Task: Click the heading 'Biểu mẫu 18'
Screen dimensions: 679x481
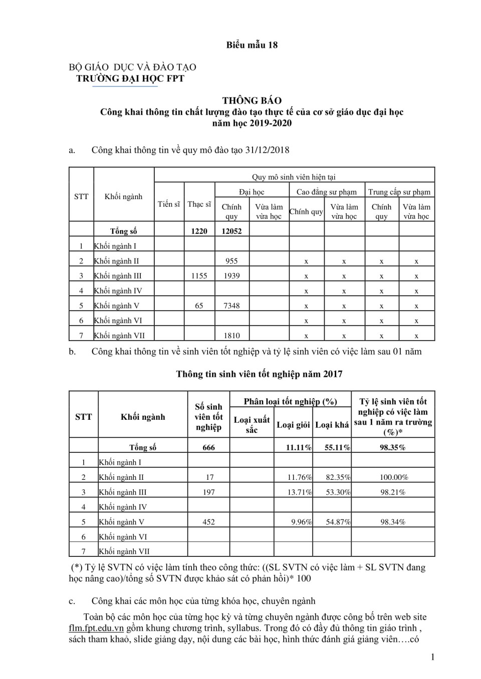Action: (252, 45)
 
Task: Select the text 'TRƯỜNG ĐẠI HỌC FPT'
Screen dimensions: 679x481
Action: (130, 79)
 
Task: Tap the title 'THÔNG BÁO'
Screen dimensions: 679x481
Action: (252, 101)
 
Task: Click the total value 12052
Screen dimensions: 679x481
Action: (231, 231)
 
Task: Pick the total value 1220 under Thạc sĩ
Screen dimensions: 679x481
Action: (199, 231)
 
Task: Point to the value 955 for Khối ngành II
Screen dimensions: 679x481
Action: (231, 261)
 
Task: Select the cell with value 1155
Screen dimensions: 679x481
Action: (199, 276)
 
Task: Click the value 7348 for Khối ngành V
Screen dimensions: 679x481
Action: (231, 306)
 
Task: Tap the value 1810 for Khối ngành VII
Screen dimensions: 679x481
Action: (231, 336)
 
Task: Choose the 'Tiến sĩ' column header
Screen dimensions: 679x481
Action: (169, 204)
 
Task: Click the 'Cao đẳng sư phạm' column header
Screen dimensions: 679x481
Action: (327, 192)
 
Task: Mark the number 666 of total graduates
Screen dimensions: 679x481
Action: (208, 447)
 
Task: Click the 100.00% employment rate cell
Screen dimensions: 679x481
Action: (393, 477)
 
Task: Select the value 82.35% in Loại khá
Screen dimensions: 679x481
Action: (338, 477)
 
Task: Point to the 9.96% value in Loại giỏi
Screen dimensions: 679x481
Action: (302, 522)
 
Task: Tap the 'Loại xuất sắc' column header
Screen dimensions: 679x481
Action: (252, 425)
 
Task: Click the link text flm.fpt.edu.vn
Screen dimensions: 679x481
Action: (96, 628)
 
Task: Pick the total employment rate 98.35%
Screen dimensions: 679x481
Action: (393, 447)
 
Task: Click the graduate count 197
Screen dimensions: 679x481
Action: (208, 492)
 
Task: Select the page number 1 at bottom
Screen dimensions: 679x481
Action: (432, 657)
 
